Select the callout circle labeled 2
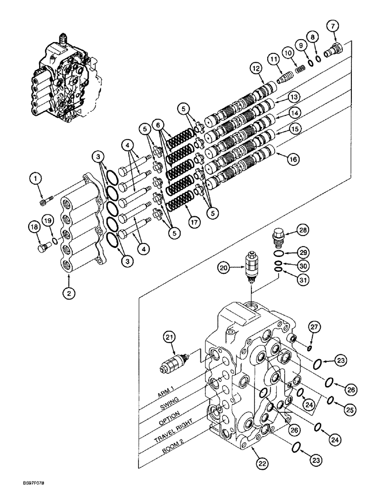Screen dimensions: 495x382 pos(69,293)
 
